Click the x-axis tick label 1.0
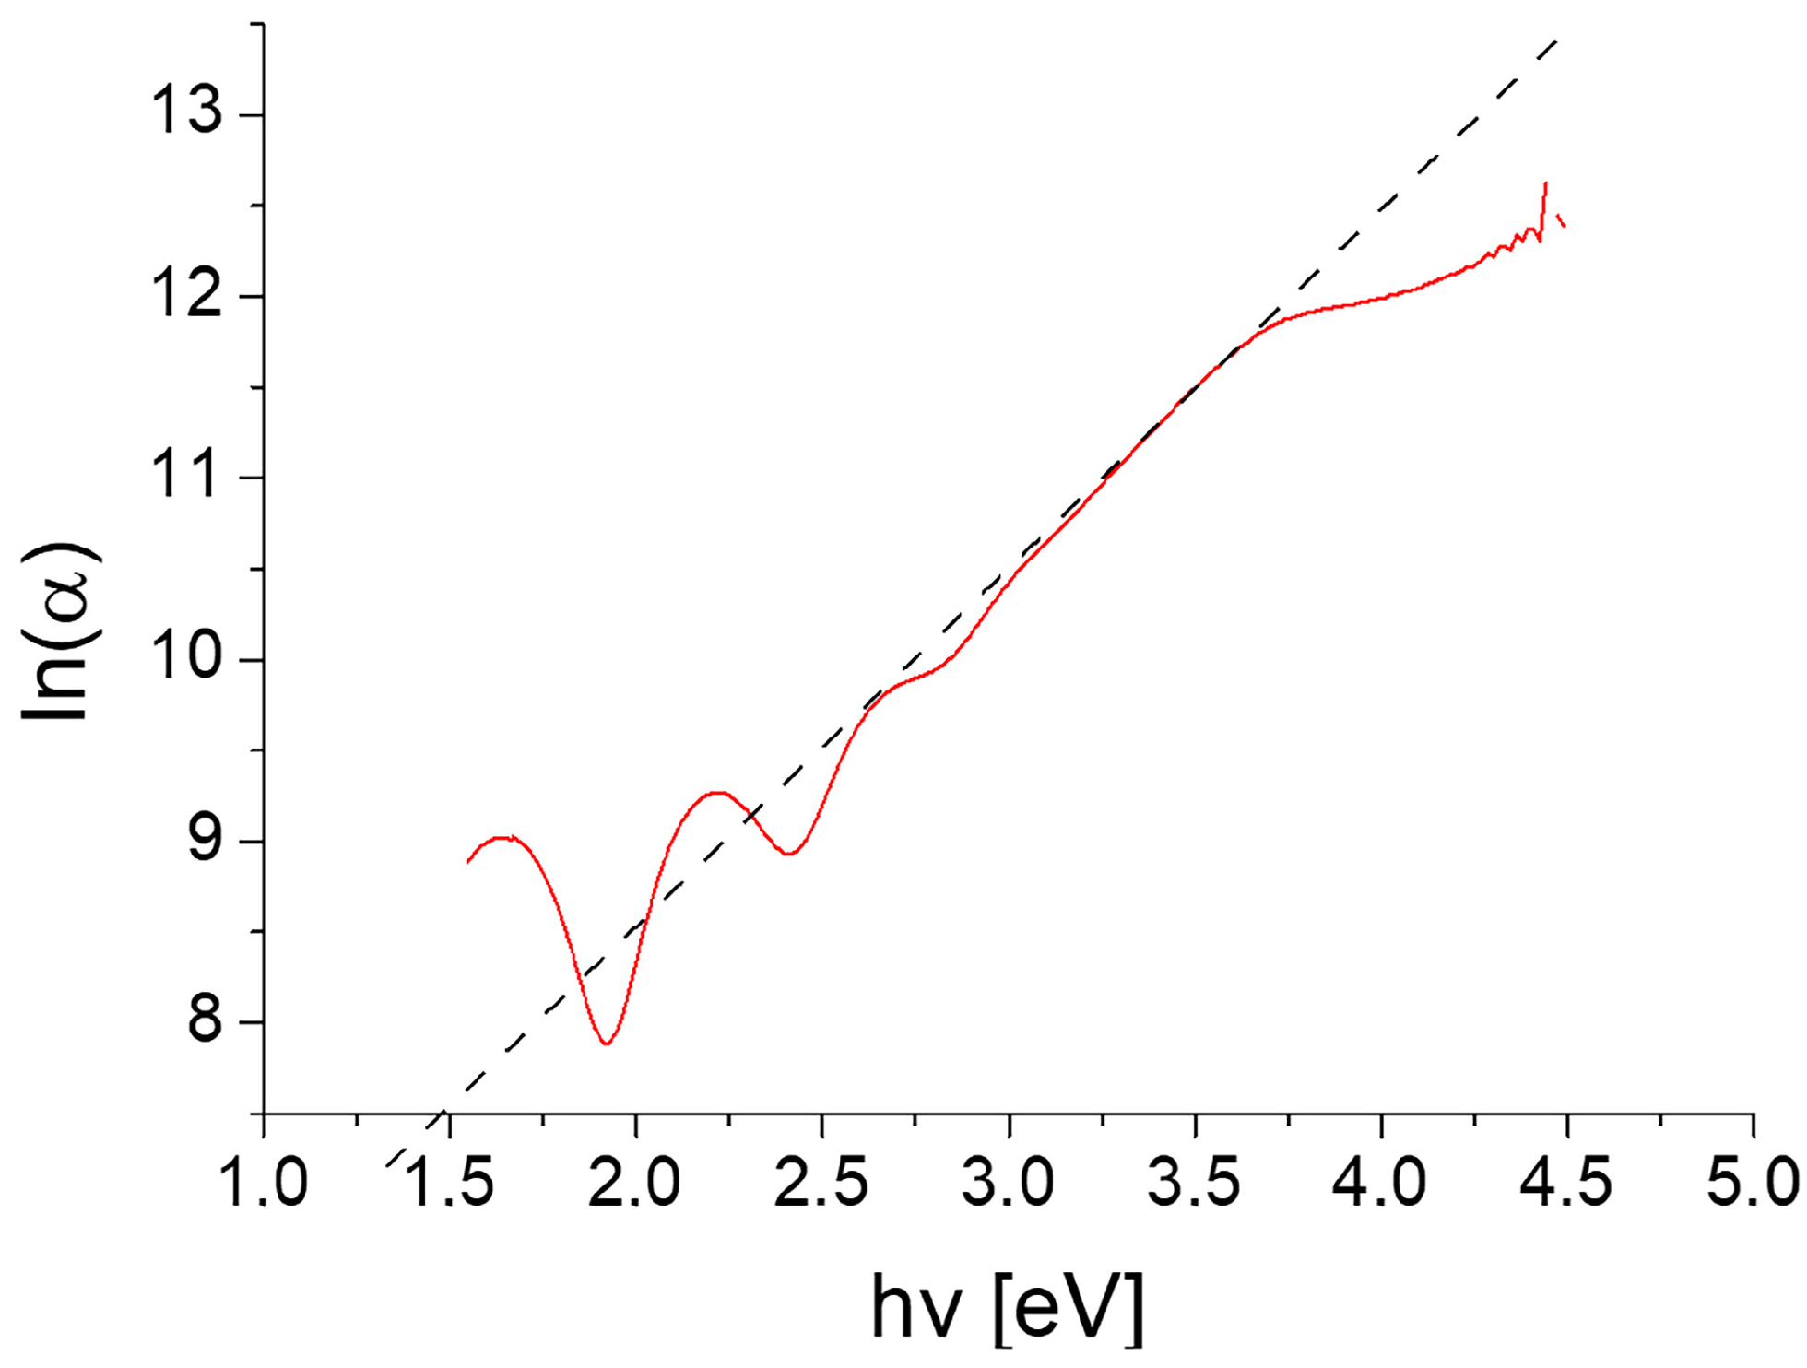[264, 1182]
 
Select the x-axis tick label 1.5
[450, 1182]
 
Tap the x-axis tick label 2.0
[635, 1182]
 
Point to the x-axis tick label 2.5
[821, 1182]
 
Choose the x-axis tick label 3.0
[1008, 1182]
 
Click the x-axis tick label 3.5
[1194, 1182]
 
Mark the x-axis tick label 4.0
[1380, 1182]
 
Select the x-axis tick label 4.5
[1566, 1182]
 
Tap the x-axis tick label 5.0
[1751, 1182]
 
